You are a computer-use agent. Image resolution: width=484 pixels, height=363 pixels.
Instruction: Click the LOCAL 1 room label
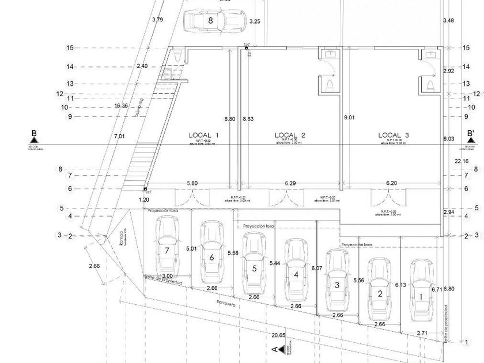click(x=204, y=135)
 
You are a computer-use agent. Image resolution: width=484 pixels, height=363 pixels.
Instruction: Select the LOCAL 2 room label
click(x=290, y=135)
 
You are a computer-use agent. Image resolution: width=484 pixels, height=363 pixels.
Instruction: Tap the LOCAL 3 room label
click(x=394, y=135)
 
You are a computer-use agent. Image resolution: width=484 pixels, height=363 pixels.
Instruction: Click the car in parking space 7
click(x=167, y=247)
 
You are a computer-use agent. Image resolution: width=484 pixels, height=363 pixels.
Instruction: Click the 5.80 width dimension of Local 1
click(x=192, y=183)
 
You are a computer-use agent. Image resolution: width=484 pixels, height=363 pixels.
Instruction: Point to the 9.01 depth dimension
click(x=350, y=119)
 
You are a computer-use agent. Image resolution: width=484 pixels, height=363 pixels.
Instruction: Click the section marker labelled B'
click(x=471, y=135)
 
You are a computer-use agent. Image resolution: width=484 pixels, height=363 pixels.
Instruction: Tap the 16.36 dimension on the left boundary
click(x=121, y=105)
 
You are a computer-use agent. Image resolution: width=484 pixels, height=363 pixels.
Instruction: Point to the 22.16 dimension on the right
click(x=461, y=161)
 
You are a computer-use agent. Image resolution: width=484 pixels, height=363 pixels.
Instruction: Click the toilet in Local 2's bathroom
click(x=330, y=85)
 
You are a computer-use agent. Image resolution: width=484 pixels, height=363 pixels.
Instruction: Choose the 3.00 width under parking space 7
click(x=167, y=276)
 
